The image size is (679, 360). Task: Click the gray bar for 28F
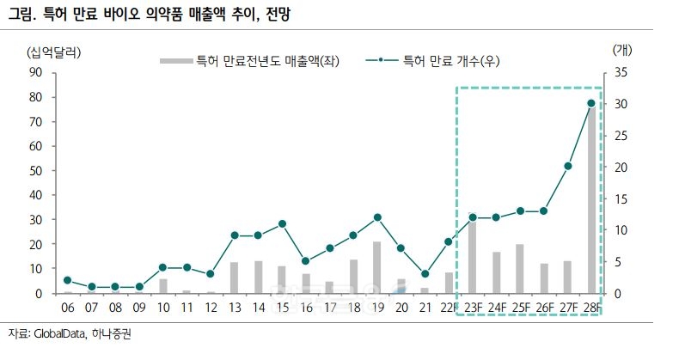(591, 199)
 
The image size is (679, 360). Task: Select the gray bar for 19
(377, 267)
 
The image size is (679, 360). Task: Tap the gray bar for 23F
(473, 257)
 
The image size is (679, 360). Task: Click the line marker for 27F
(568, 166)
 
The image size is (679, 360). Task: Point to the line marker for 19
(377, 217)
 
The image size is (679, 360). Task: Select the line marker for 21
(425, 274)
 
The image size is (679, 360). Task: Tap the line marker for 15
(282, 223)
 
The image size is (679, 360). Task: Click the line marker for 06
(67, 280)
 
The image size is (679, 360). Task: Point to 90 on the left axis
(36, 72)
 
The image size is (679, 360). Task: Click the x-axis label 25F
(520, 307)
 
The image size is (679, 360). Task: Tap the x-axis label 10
(162, 307)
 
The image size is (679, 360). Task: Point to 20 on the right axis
(621, 167)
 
